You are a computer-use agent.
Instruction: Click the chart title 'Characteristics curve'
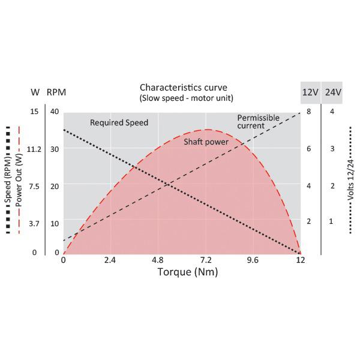184,88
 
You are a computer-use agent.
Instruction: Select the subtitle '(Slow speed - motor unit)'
186,98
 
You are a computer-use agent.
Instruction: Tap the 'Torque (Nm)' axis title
188,272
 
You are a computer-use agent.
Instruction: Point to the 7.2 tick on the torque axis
206,260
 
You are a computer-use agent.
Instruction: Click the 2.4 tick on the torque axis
110,260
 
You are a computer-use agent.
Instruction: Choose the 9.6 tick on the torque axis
253,260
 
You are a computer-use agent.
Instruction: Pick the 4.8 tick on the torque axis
157,260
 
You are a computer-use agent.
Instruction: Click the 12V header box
310,92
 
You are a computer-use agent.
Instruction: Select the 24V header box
333,92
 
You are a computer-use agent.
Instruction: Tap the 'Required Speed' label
119,123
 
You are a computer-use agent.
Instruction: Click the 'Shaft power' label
206,141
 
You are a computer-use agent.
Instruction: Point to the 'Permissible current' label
258,122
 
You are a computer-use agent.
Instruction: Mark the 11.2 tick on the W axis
34,149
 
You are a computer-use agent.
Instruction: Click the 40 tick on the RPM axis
55,112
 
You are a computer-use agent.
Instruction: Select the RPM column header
56,92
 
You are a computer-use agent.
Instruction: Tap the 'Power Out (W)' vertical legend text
19,181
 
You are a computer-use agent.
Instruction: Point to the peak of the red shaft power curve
207,129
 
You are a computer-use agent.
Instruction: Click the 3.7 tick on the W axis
34,223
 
